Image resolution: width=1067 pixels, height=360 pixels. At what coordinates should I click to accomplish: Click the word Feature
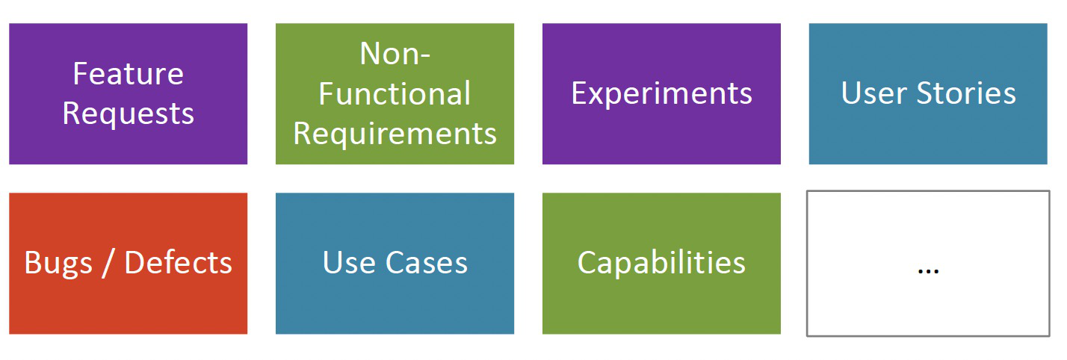point(128,74)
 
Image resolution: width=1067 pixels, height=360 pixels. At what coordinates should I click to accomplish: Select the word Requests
point(128,115)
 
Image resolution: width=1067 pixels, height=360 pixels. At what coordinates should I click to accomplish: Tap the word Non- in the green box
point(395,53)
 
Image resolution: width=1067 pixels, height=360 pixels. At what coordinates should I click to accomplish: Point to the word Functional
point(395,93)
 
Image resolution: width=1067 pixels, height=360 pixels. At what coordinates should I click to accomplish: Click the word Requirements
point(395,134)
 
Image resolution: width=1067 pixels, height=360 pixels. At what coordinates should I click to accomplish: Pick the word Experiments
point(661,94)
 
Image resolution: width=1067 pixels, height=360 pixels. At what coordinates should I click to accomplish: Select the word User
point(873,93)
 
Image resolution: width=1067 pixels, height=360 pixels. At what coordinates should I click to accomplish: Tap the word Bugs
point(58,264)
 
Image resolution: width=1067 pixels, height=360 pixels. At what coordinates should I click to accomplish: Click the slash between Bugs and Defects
point(108,263)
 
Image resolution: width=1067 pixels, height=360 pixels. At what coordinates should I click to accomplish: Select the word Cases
point(427,262)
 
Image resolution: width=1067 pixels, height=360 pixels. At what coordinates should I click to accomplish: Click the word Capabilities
point(661,264)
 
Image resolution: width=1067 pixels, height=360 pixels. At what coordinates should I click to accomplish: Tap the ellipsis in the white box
point(928,271)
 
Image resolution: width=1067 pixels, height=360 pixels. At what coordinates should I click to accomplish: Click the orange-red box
point(128,264)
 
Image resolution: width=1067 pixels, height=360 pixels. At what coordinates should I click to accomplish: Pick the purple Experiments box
point(661,94)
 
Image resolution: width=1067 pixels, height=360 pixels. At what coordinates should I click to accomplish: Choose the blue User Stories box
point(928,94)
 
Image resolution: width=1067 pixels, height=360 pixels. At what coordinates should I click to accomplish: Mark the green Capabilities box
point(661,264)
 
